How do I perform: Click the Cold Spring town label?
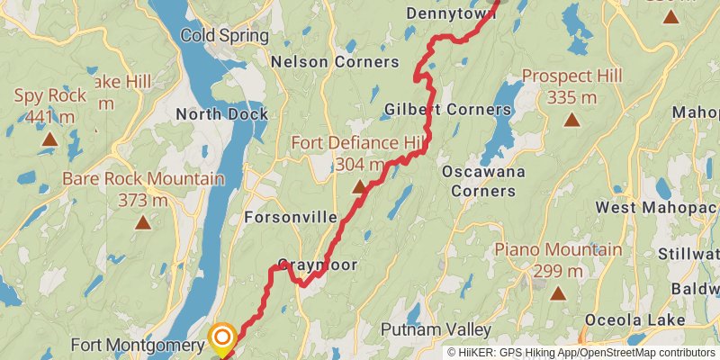pos(224,36)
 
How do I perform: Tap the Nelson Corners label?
pos(335,62)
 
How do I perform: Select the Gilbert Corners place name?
pos(447,110)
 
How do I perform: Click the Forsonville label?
pos(291,218)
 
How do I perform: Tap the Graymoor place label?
pos(318,265)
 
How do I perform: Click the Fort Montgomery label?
pos(138,345)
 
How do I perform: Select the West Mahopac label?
pos(656,208)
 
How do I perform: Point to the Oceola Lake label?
pos(634,320)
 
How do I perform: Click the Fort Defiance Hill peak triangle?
pos(360,187)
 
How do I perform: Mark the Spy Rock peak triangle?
pos(49,139)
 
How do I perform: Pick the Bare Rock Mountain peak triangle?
pos(142,221)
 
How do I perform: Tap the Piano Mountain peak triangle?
pos(558,292)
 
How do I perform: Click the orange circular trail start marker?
pos(222,337)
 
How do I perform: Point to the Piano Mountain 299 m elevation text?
pos(558,269)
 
